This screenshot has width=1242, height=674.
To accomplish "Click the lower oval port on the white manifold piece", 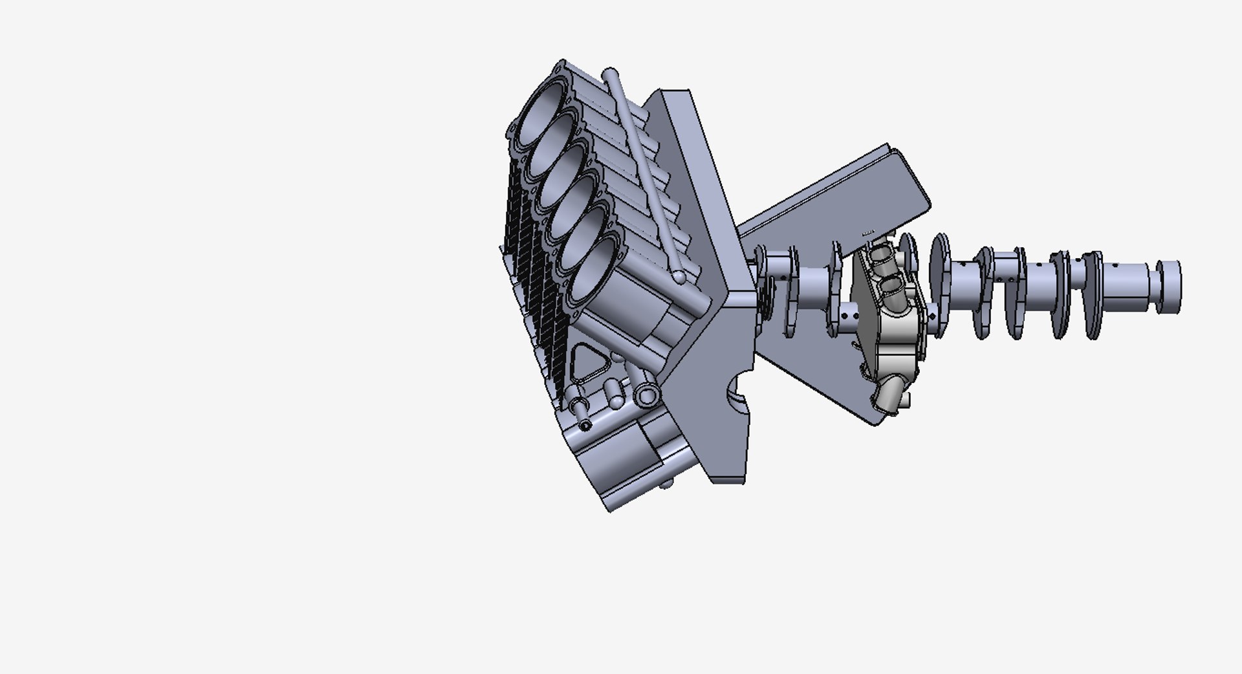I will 891,285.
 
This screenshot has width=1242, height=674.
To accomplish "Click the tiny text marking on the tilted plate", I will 868,232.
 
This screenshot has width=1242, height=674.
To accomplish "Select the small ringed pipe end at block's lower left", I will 586,426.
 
